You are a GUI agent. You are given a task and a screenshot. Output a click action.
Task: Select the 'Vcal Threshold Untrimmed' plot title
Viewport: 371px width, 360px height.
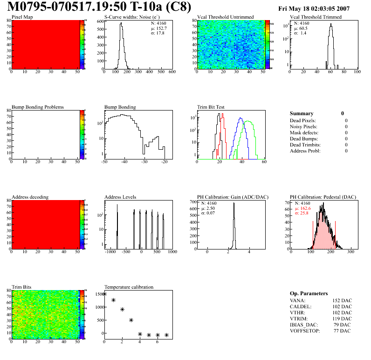pyautogui.click(x=225, y=17)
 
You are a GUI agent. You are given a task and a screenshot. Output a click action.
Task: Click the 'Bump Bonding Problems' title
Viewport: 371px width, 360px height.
pyautogui.click(x=38, y=107)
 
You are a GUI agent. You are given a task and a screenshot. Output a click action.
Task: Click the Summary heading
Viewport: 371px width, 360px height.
pyautogui.click(x=302, y=113)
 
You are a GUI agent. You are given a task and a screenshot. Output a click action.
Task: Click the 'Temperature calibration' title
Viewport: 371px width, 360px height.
pyautogui.click(x=129, y=287)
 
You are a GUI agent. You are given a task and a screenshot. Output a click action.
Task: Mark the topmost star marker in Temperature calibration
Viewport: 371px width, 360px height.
pyautogui.click(x=104, y=294)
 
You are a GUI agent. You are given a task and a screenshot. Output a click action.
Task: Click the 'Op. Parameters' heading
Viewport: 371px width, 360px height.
pyautogui.click(x=309, y=293)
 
